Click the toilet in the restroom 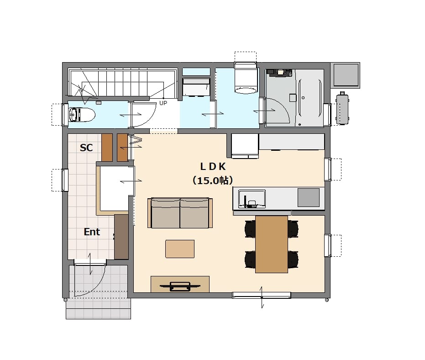point(82,115)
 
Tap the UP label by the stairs point(163,103)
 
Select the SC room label point(86,148)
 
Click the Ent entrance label point(92,232)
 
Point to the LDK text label point(213,167)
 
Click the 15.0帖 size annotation point(213,180)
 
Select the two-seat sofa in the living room point(180,213)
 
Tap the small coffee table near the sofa point(180,249)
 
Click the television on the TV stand point(180,286)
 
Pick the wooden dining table point(272,244)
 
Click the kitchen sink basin point(252,199)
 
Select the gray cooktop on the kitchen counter point(309,197)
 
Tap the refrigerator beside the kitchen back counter point(245,146)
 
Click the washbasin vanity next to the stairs point(196,87)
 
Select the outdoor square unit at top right point(346,75)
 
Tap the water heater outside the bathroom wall point(342,109)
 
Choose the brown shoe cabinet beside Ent point(121,237)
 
